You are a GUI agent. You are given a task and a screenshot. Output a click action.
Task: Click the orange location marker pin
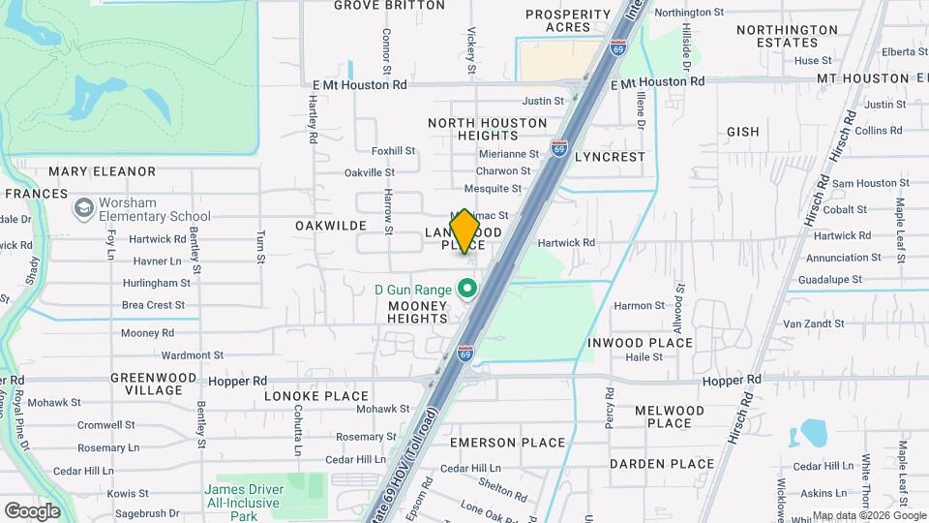coord(465,230)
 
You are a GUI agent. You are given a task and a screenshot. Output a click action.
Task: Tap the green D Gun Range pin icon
coord(467,289)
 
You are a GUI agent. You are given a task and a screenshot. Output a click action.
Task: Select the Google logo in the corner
coord(32,510)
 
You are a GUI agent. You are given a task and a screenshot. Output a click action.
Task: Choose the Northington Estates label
coord(787,36)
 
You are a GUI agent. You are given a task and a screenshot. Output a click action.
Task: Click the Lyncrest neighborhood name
coord(610,156)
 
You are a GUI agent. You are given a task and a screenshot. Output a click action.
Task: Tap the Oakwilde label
coord(331,225)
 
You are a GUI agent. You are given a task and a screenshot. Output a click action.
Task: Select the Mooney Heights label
coord(418,311)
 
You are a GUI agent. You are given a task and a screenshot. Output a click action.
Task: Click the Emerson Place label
coord(507,443)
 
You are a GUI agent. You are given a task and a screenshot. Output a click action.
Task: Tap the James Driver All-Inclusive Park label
coord(243,497)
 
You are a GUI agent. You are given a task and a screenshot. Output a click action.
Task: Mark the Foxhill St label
coord(393,151)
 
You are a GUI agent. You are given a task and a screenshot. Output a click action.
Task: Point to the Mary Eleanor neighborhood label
coord(102,171)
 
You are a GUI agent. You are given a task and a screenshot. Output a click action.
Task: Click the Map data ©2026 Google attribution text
coord(868,515)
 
